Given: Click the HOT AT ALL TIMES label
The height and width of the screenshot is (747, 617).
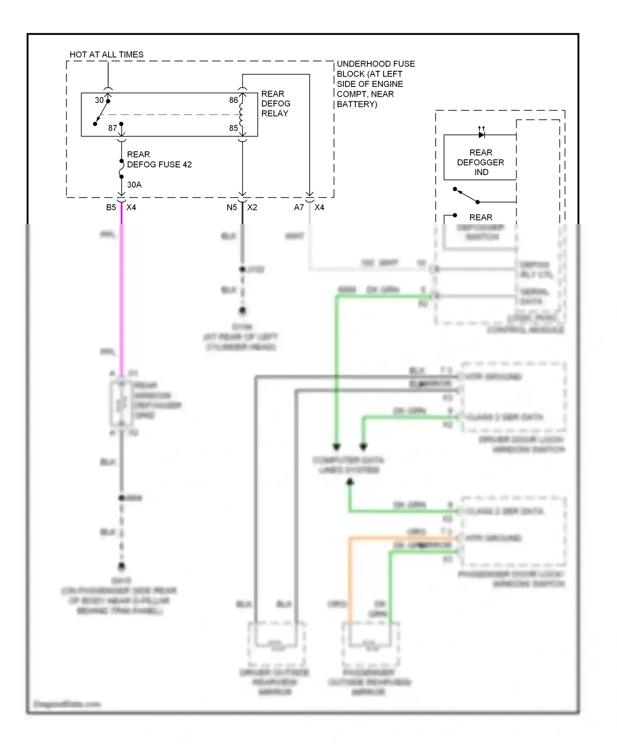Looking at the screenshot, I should (107, 54).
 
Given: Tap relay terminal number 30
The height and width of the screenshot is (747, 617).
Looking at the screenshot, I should (99, 100).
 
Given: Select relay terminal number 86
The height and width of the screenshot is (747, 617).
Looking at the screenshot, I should (233, 100).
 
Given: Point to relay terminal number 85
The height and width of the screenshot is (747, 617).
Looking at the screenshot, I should (233, 128).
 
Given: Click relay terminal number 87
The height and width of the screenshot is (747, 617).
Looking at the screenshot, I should (112, 128).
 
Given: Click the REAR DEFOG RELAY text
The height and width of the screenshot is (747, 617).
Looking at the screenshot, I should (275, 104).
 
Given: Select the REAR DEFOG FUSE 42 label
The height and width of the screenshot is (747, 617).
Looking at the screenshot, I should (159, 159).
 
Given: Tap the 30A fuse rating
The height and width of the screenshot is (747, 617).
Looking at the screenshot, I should (134, 184).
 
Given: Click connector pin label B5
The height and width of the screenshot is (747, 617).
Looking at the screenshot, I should (111, 207).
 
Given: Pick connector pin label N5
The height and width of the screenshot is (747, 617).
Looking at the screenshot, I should (232, 207).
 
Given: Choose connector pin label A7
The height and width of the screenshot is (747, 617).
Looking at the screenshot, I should (299, 207).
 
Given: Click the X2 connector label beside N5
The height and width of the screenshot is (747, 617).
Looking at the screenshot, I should (252, 207).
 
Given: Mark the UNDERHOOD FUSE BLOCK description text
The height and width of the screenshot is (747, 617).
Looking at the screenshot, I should (375, 84).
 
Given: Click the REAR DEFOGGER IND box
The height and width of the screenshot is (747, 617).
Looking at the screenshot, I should (480, 162).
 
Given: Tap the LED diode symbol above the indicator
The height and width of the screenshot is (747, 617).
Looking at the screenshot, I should (482, 134).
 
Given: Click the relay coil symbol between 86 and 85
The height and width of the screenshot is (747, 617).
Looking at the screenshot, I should (241, 114).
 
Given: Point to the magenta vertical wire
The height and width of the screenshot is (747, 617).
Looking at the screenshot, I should (121, 296).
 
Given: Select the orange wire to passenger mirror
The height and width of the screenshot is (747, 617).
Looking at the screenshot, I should (350, 577).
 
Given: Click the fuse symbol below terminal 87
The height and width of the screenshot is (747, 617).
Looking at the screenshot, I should (121, 169).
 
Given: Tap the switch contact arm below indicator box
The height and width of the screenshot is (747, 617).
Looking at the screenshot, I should (466, 196).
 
